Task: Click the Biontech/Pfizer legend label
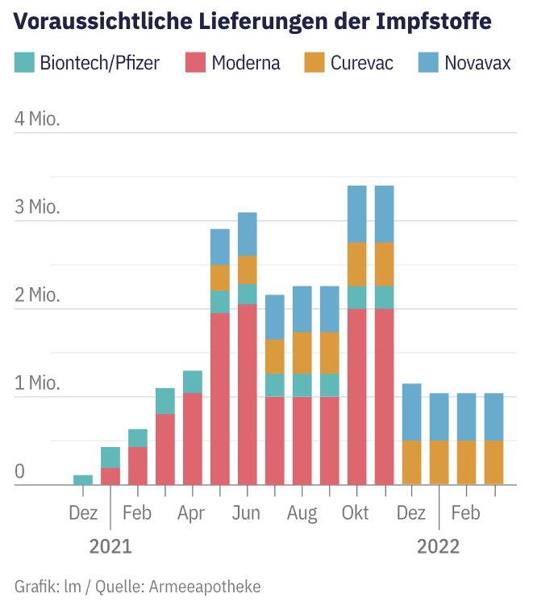[x=100, y=62]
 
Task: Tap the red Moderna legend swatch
[x=196, y=62]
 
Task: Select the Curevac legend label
[x=362, y=62]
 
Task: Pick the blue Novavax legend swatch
[x=428, y=62]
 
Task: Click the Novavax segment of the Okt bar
[x=357, y=214]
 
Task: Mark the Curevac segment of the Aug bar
[x=302, y=353]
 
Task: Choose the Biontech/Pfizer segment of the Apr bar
[x=193, y=382]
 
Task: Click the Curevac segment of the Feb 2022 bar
[x=467, y=462]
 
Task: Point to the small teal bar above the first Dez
[x=83, y=479]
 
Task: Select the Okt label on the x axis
[x=356, y=512]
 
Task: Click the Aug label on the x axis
[x=302, y=512]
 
